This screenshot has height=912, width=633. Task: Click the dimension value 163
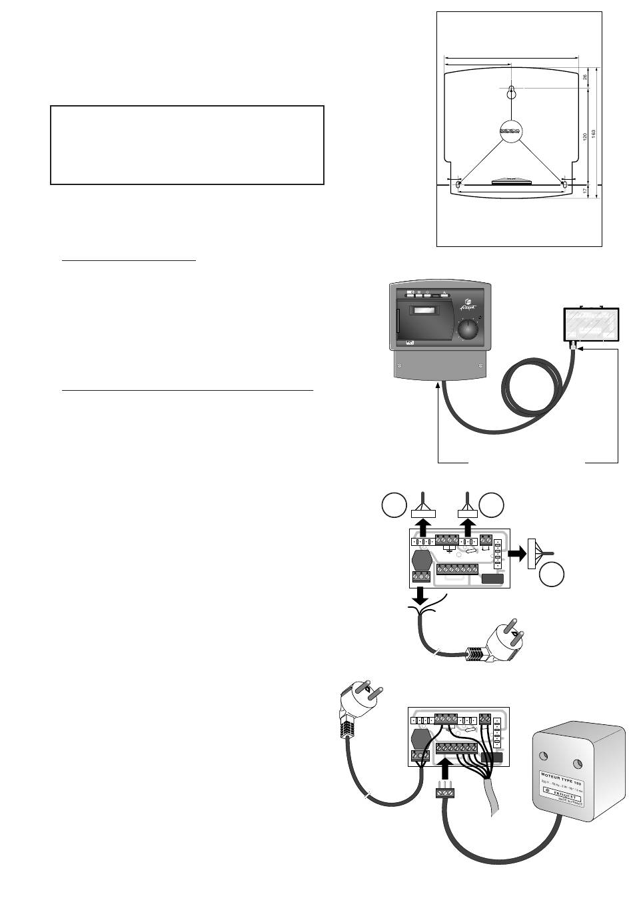(x=593, y=132)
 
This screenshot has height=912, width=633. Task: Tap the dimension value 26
(x=584, y=77)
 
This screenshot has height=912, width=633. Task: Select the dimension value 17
(x=584, y=190)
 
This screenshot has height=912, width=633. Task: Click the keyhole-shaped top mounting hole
(x=510, y=93)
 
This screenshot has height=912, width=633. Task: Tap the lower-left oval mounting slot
(x=458, y=184)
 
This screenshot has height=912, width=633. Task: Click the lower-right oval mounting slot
(x=564, y=184)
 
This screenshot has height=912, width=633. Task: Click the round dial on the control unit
(x=469, y=329)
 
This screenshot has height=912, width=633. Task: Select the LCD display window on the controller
(x=424, y=310)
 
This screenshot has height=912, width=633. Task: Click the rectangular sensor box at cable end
(x=590, y=326)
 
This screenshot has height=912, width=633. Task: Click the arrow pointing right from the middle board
(x=515, y=553)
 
